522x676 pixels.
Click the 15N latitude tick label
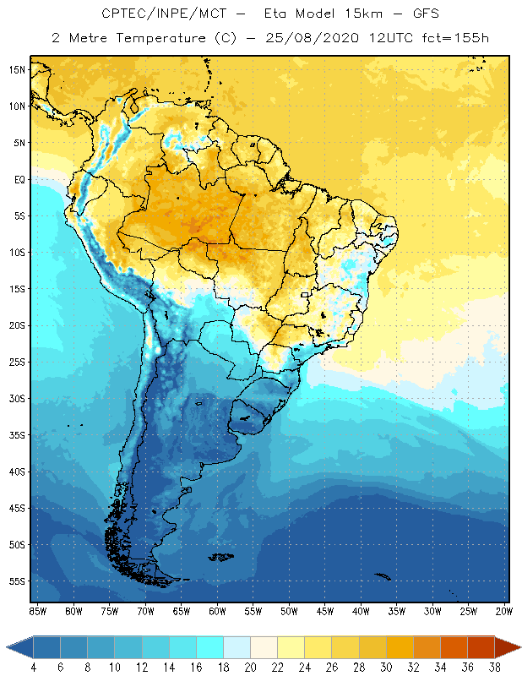(17, 69)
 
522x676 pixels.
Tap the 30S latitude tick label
(17, 398)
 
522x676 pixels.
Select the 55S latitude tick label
(17, 581)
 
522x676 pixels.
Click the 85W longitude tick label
(37, 611)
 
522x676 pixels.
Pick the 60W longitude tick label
(217, 611)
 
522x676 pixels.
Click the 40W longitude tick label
(361, 611)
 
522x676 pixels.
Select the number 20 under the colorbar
(250, 667)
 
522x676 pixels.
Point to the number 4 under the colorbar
(34, 667)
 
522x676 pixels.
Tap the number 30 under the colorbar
(385, 667)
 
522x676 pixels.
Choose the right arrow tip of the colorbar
(519, 647)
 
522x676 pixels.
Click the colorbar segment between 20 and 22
(264, 647)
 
